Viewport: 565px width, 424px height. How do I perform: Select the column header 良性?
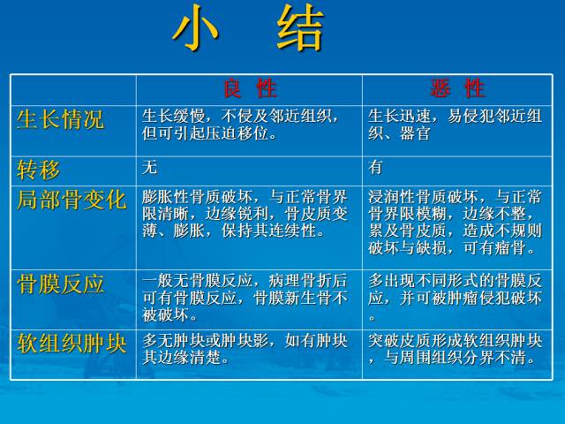coord(249,88)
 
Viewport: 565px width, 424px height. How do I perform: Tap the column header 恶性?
coord(457,88)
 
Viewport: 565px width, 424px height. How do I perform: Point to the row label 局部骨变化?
coord(72,199)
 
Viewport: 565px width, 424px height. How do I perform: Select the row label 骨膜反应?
coord(60,284)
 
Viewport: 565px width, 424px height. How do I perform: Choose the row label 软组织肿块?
coord(72,344)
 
